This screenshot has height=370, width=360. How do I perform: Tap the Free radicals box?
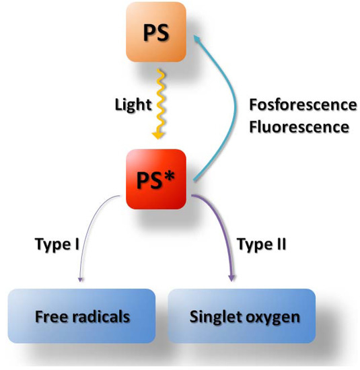(x=83, y=316)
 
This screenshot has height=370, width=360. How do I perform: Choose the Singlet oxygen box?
(x=241, y=316)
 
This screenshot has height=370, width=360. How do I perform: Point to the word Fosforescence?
(x=302, y=105)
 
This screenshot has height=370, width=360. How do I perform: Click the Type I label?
(x=57, y=244)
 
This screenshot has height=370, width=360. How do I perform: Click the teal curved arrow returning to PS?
(x=232, y=108)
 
